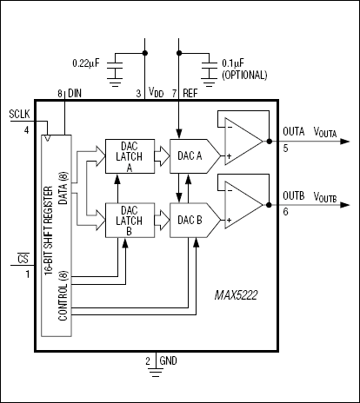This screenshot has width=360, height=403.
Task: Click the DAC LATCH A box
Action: (x=128, y=156)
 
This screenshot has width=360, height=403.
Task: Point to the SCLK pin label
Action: (x=18, y=114)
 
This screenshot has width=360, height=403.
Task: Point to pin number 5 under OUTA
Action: (x=286, y=148)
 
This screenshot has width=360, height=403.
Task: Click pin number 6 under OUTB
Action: (x=286, y=211)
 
